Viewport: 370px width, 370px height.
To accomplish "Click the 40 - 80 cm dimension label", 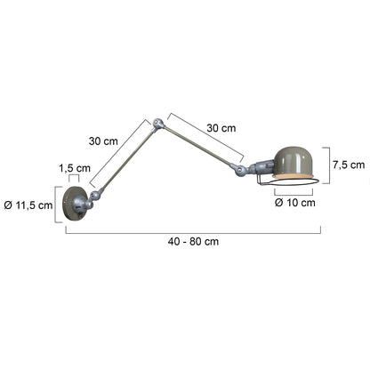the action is click(193, 241).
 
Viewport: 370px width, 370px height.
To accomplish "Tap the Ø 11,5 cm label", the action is click(28, 205).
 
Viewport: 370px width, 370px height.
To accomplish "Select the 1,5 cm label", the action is click(75, 168).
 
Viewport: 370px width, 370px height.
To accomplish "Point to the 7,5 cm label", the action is click(349, 165).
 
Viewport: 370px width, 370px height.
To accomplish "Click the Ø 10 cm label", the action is click(295, 203).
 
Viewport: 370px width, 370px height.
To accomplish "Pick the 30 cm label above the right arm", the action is click(221, 128).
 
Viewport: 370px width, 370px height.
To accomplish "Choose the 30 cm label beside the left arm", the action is click(103, 141).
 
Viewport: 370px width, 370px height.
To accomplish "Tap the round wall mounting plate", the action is click(74, 204).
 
